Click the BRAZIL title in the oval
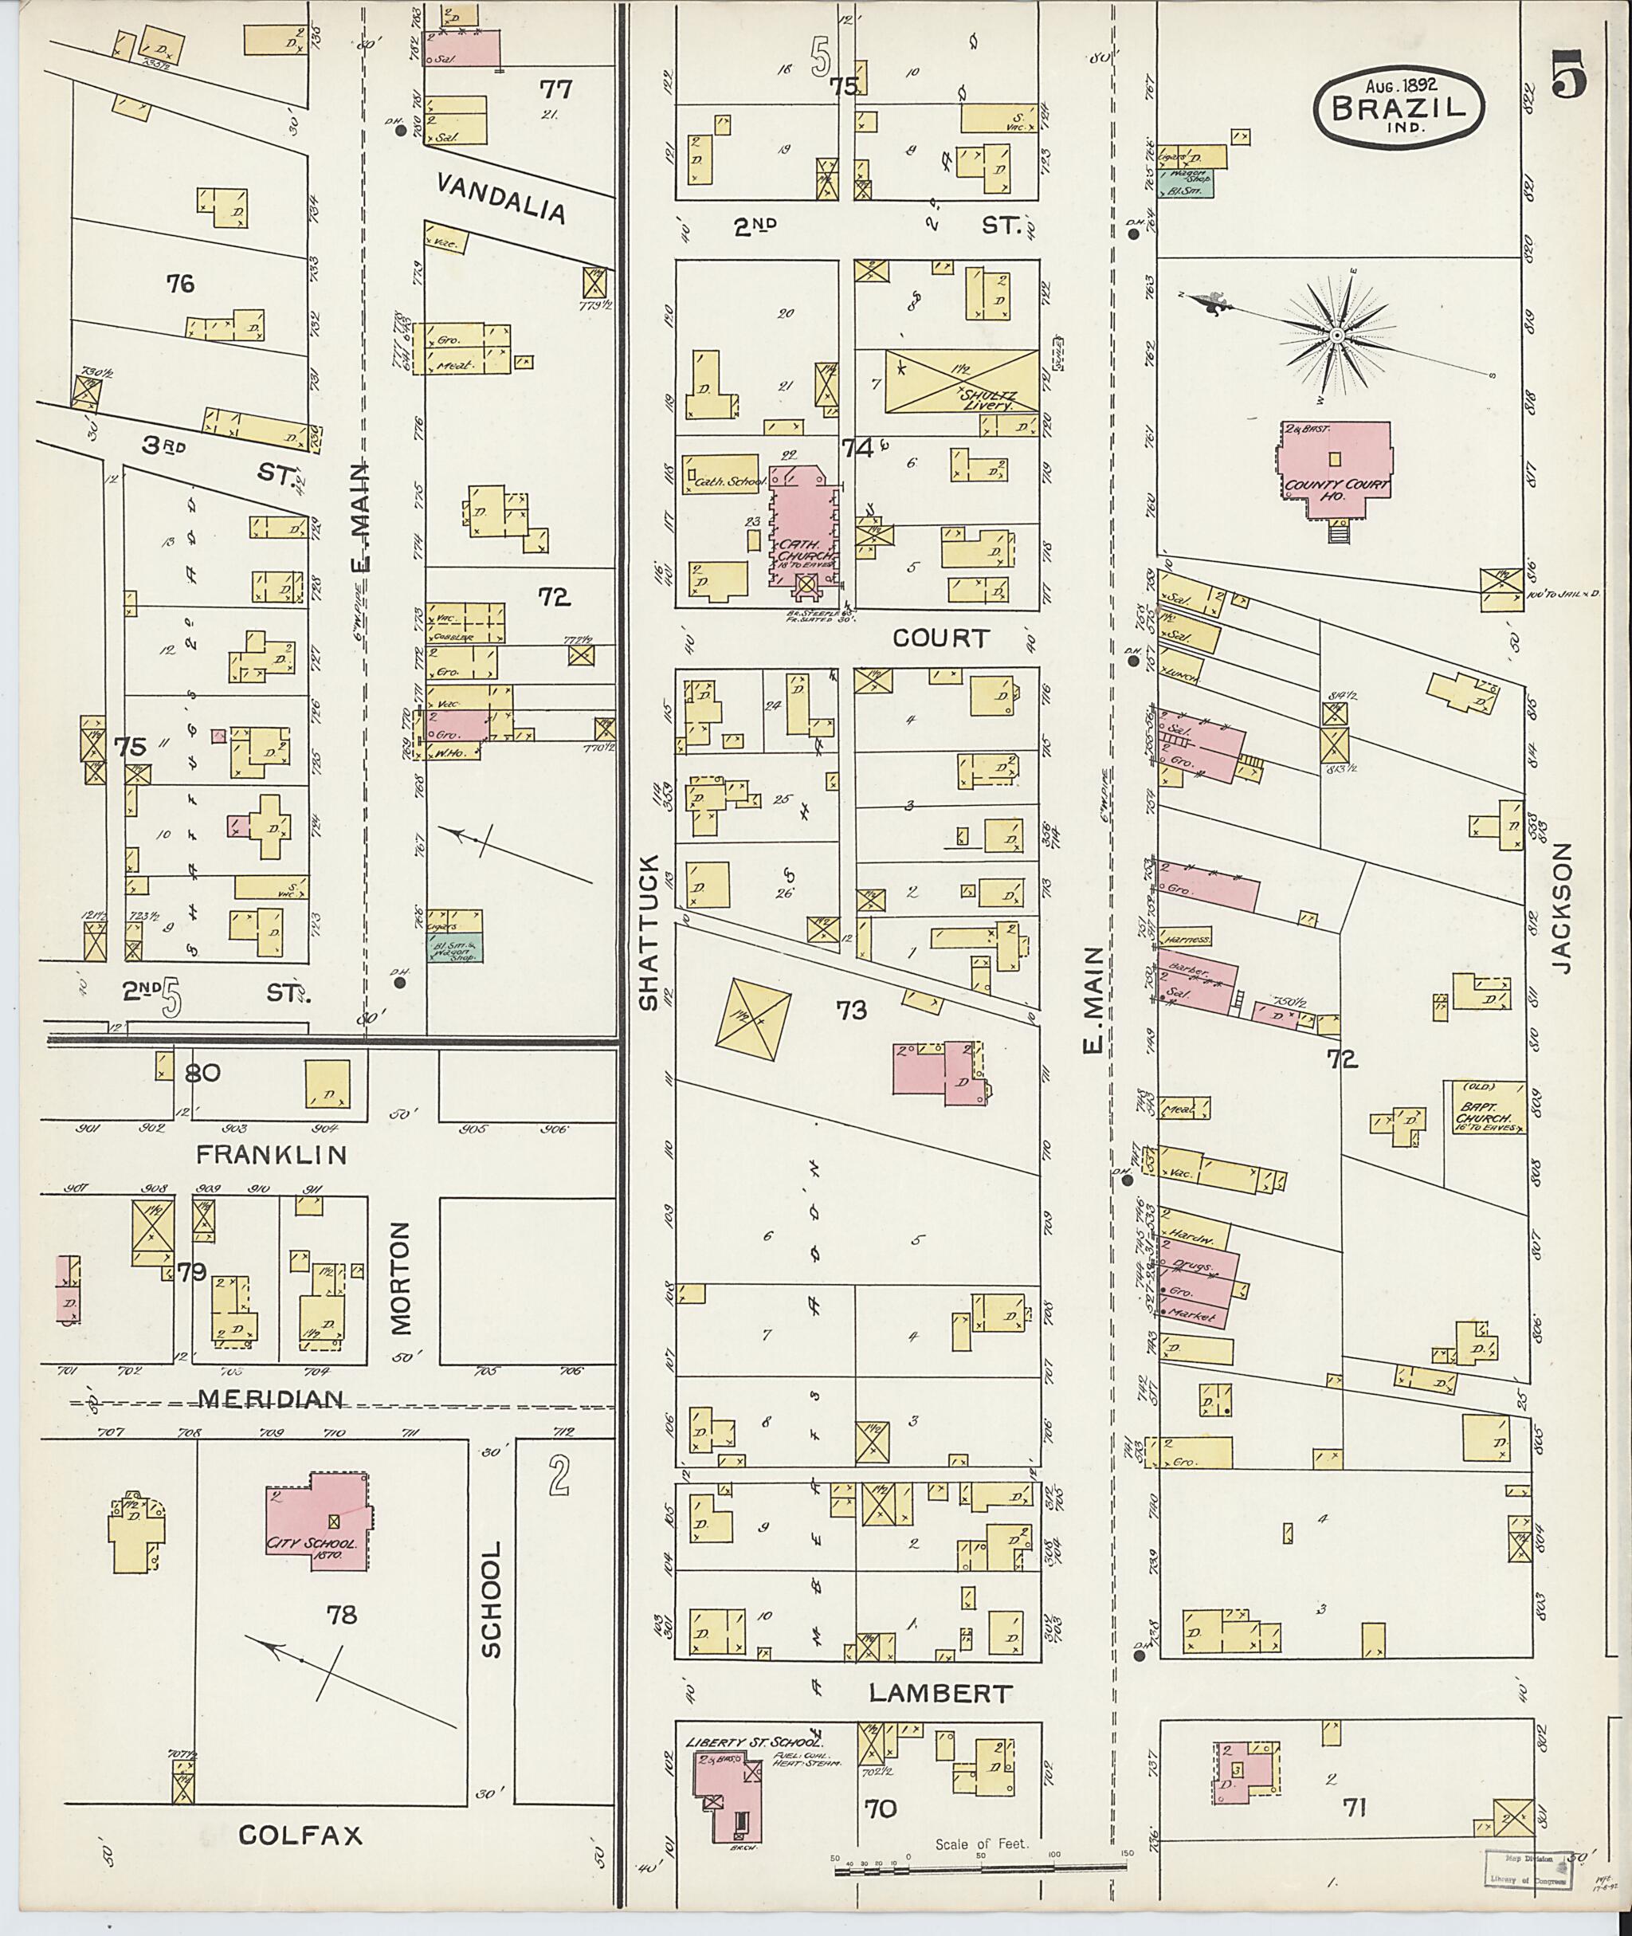click(1399, 108)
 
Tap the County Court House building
click(1334, 470)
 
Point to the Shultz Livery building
click(961, 380)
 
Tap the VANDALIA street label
click(500, 198)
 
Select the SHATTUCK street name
click(649, 932)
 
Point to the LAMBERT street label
click(940, 1694)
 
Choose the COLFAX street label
click(300, 1835)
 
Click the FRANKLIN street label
click(272, 1154)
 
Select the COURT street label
click(941, 638)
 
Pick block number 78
click(340, 1615)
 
